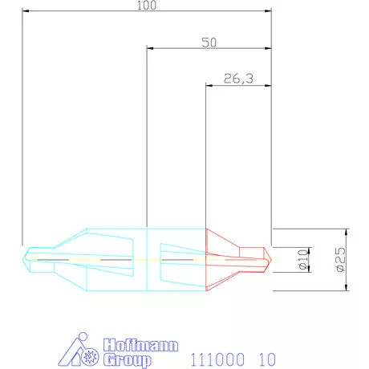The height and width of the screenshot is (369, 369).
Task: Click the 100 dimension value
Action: click(x=147, y=6)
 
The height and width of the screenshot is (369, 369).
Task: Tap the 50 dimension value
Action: click(x=209, y=43)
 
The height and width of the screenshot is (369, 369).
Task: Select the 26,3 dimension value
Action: click(x=238, y=79)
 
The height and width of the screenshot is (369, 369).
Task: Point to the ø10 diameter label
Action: click(x=303, y=259)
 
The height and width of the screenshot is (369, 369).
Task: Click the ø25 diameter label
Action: click(x=340, y=259)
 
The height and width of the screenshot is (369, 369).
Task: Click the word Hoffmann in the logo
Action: click(x=140, y=345)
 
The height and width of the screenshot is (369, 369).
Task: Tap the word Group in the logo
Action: click(x=128, y=360)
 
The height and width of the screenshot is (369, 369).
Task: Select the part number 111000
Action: click(x=217, y=359)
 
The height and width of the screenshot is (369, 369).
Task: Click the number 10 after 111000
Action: click(x=267, y=359)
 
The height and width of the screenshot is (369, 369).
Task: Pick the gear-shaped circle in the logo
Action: click(x=90, y=356)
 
